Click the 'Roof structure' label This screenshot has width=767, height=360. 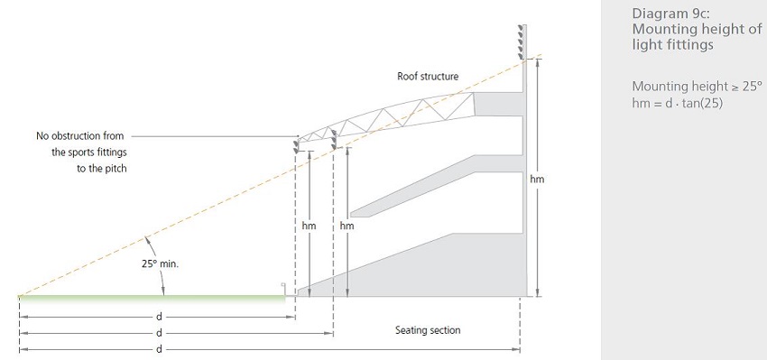428,77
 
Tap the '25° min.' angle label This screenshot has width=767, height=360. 161,263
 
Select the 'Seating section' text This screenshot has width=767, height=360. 428,330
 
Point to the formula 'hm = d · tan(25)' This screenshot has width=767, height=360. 677,103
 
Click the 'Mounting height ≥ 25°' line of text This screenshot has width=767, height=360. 697,87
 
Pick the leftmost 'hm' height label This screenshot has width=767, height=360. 310,226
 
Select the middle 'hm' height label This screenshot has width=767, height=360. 347,226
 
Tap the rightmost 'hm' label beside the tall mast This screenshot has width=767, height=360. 537,179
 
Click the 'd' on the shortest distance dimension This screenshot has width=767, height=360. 159,317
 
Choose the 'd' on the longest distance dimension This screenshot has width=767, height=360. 159,349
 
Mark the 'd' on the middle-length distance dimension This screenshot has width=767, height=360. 159,333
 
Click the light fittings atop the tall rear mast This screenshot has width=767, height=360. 521,42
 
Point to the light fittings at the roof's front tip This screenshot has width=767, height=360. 296,146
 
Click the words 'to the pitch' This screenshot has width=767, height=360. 102,169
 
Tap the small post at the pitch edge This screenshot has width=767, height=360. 283,289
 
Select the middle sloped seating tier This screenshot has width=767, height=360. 435,187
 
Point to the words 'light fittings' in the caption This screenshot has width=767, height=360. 672,44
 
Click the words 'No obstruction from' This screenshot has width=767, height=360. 79,136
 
